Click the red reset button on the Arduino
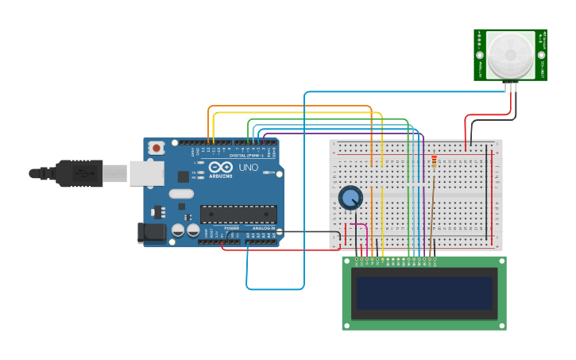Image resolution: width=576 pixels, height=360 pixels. pos(157,148)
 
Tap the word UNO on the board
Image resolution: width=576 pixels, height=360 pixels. pos(248,168)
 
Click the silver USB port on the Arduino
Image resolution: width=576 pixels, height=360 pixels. pos(147,173)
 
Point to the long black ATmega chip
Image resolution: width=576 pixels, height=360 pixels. pos(238,212)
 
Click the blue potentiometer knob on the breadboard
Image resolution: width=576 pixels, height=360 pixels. pos(350,197)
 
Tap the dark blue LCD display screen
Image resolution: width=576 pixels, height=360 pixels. pos(424,293)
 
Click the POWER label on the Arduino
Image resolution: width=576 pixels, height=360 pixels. pos(231,228)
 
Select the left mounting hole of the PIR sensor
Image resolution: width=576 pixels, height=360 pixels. pos(480,56)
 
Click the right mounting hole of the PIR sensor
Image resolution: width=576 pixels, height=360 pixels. pos(542,56)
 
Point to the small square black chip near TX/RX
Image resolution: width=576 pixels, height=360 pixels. pos(184,176)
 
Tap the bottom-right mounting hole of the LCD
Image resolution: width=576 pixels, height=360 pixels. pos(501,324)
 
